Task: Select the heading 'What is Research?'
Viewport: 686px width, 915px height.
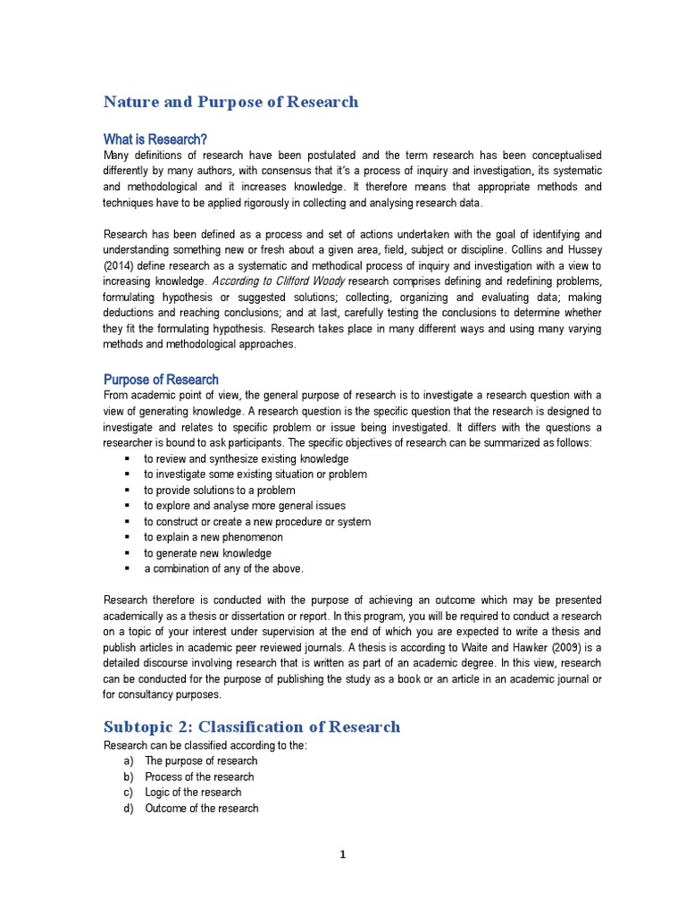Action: [155, 139]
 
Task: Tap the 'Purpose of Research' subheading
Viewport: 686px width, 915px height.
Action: [161, 380]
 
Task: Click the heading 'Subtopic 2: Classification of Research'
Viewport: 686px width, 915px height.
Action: [252, 726]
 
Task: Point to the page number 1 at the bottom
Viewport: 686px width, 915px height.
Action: [342, 855]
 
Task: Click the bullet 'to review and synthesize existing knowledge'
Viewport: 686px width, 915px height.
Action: [247, 458]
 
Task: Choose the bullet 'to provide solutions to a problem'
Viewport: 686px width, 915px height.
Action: [220, 491]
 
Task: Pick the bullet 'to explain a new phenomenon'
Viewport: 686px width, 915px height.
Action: [213, 537]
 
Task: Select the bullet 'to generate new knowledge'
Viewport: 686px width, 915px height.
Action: [208, 553]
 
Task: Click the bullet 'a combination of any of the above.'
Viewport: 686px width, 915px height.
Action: [224, 569]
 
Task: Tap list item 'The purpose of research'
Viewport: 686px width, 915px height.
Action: [201, 761]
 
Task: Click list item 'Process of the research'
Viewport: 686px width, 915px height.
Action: [199, 777]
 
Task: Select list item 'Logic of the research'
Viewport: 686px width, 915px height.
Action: [193, 793]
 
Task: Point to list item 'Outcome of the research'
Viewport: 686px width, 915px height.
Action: [202, 809]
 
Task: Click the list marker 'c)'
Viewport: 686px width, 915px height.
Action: [129, 793]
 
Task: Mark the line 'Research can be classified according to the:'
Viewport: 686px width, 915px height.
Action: [205, 745]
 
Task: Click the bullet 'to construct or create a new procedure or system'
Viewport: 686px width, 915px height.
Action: [257, 522]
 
